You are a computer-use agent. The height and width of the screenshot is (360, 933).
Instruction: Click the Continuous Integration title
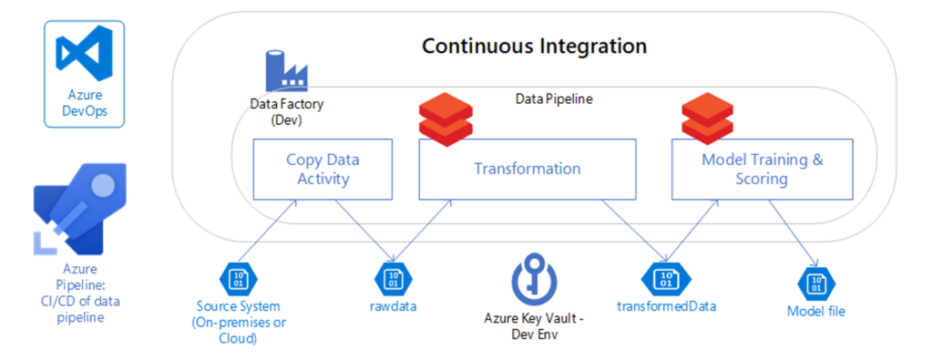[x=534, y=46]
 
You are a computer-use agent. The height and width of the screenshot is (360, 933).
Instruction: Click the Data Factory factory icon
[x=286, y=71]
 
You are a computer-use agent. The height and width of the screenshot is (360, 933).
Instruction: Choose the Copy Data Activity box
[x=323, y=169]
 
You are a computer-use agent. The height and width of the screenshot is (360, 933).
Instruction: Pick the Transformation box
[x=528, y=169]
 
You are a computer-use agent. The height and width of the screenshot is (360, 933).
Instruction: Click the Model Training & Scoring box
[x=763, y=169]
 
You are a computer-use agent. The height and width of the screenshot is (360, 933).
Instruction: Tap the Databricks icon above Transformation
[x=446, y=119]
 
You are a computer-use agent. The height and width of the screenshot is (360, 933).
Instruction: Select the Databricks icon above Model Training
[x=708, y=119]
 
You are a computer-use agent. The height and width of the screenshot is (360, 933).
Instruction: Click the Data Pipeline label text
[x=553, y=99]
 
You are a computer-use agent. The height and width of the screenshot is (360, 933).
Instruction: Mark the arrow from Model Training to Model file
[x=793, y=232]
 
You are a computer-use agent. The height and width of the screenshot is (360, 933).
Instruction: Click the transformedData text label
[x=666, y=306]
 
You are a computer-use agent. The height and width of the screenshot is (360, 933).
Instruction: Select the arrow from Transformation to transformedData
[x=634, y=231]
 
